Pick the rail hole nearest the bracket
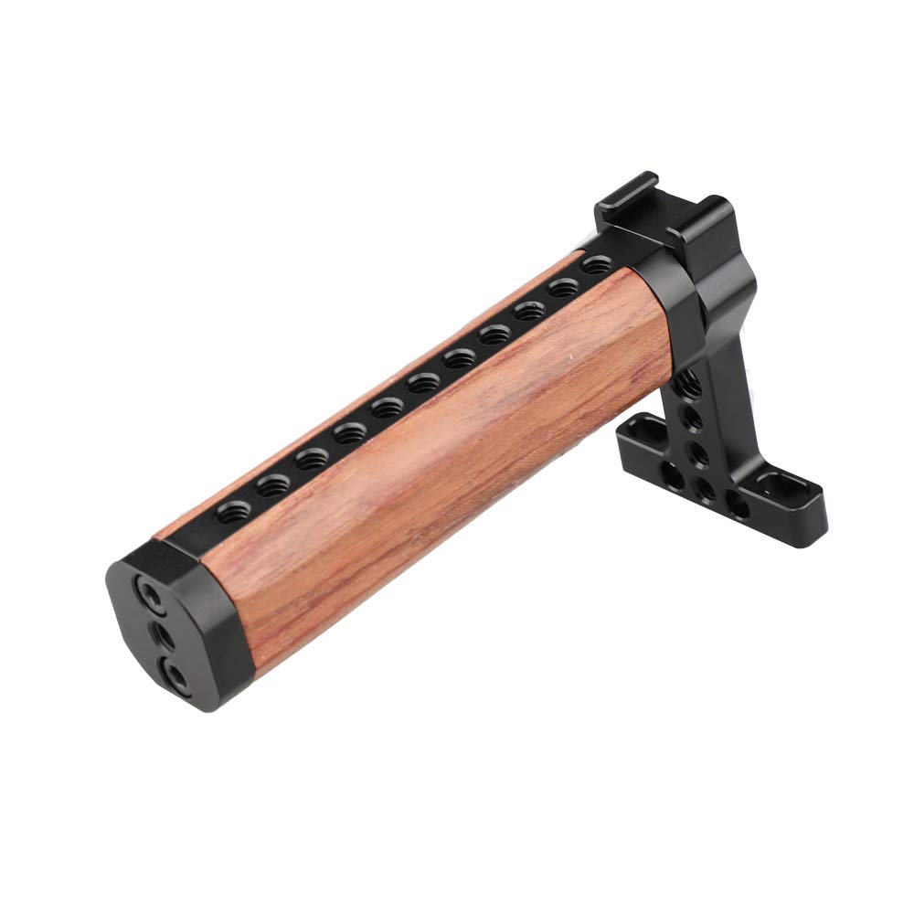tap(597, 266)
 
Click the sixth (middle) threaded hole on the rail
tap(422, 382)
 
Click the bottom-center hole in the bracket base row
tap(705, 489)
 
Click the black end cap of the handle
tap(174, 631)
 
